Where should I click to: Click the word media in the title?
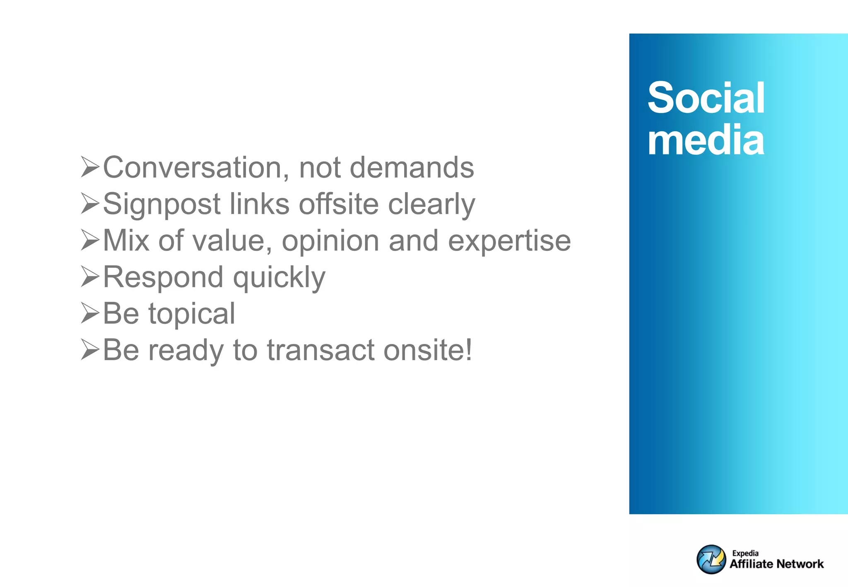coord(706,141)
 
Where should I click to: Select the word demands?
coord(412,168)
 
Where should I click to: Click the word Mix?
coord(126,241)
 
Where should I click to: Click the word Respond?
coord(163,277)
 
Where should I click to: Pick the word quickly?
coord(279,277)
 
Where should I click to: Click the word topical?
coord(192,314)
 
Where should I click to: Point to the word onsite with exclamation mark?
coord(427,350)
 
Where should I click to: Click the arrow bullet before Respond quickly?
coord(90,277)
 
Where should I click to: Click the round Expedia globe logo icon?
coord(711,559)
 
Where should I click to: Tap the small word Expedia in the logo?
coord(745,553)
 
